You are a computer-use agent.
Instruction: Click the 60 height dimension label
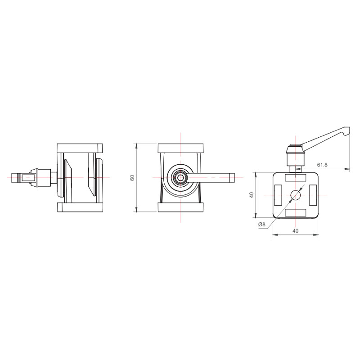pos(132,178)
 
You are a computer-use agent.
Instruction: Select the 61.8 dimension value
pos(322,165)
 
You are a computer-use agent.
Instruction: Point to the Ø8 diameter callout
pos(262,224)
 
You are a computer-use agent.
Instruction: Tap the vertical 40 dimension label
pos(252,195)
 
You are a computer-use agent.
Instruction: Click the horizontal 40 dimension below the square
pos(296,230)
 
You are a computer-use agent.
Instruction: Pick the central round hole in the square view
pos(296,195)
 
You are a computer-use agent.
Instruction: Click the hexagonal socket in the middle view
pos(180,177)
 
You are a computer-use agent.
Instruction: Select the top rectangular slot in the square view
pos(296,177)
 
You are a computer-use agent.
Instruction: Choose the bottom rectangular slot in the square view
pos(296,212)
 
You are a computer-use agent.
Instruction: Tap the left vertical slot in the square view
pos(278,195)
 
